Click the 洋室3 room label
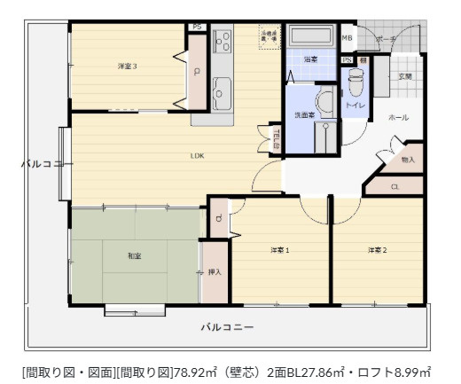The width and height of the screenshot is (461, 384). [x=128, y=67]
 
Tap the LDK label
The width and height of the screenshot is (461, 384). [x=197, y=156]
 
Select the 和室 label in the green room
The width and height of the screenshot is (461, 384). [x=134, y=256]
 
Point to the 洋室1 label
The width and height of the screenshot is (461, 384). [x=280, y=251]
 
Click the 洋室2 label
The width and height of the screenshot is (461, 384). [x=378, y=251]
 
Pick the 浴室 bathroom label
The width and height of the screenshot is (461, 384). [x=310, y=59]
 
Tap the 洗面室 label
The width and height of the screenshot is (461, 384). [x=305, y=115]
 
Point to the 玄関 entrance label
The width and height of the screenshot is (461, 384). [x=405, y=77]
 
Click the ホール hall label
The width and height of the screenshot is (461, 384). [x=399, y=115]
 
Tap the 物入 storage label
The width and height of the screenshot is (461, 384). [x=408, y=160]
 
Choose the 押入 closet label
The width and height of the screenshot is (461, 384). [x=215, y=272]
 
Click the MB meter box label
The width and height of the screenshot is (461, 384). [x=348, y=39]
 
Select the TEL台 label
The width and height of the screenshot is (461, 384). [x=277, y=139]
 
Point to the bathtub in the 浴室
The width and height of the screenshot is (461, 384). [x=310, y=38]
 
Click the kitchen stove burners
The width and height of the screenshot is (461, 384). [x=222, y=41]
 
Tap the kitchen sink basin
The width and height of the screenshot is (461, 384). [x=223, y=89]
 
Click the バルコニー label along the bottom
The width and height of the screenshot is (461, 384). [x=226, y=327]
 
